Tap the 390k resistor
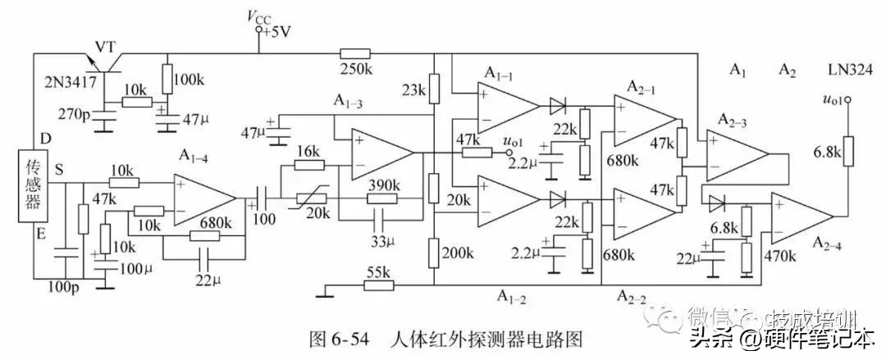(x=381, y=198)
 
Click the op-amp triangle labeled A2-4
(x=801, y=216)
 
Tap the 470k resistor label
(x=780, y=256)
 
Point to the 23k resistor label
(x=413, y=89)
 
